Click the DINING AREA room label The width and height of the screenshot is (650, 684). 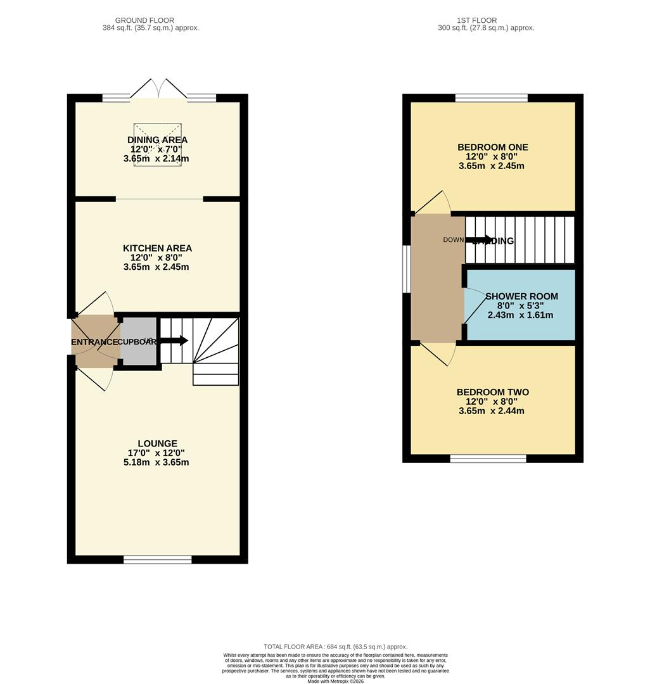pos(157,140)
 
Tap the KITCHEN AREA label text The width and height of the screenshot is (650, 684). pos(157,248)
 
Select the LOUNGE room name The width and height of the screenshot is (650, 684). pos(157,443)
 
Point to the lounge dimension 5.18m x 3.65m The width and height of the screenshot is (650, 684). pos(156,462)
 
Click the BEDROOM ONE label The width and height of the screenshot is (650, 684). pos(492,148)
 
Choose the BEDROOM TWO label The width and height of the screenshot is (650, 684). pos(492,393)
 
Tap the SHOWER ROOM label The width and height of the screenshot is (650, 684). pos(521,296)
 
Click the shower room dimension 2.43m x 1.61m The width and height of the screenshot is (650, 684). pos(520,315)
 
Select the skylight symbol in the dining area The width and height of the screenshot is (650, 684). pos(157,145)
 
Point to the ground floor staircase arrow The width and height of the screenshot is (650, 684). pos(175,341)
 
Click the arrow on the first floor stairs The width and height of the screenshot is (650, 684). pos(480,240)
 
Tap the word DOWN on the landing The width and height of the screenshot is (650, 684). pos(454,240)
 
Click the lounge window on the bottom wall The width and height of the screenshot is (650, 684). pos(157,559)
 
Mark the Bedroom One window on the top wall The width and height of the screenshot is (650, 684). pos(491,98)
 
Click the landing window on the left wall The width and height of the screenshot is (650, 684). pos(407,269)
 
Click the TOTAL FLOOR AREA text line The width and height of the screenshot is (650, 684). pos(335,647)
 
